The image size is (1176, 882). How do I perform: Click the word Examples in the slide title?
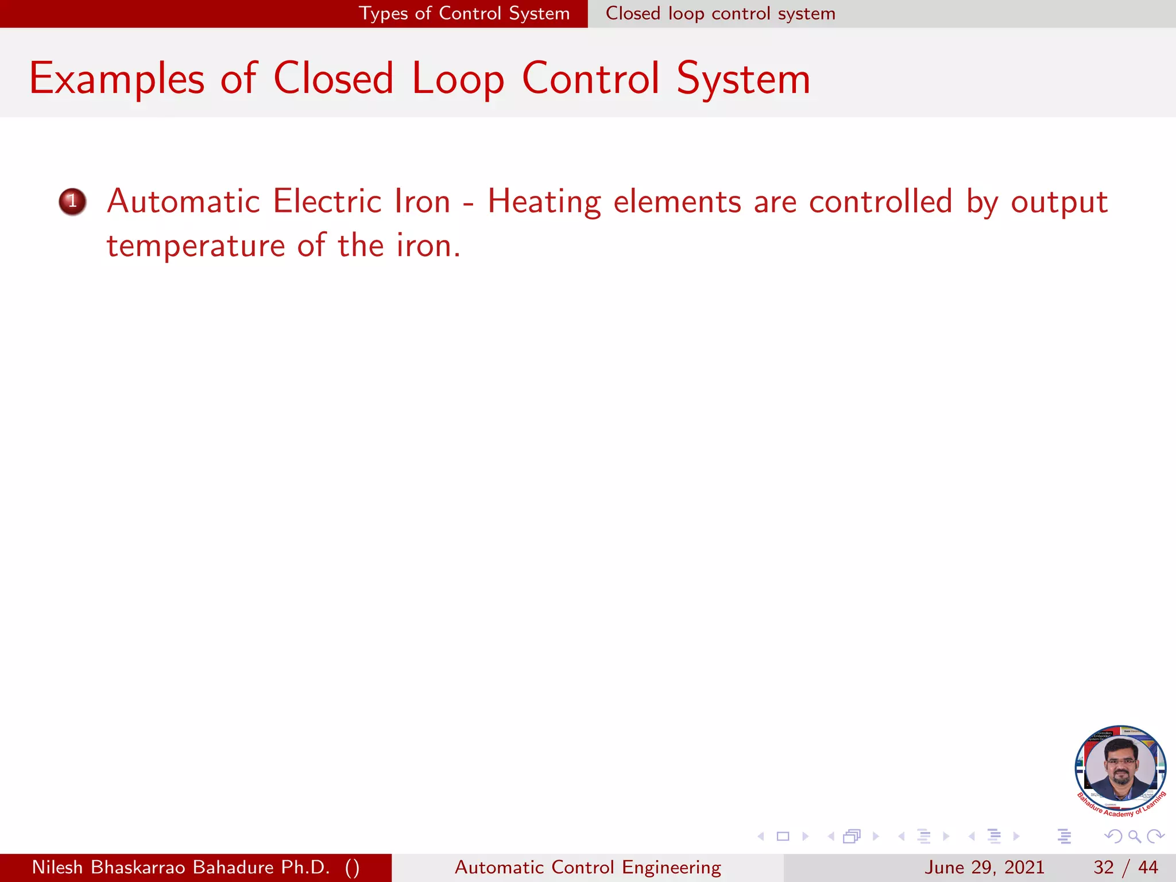tap(117, 79)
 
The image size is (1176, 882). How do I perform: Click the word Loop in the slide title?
tap(458, 79)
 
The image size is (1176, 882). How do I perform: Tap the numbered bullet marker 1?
tap(72, 202)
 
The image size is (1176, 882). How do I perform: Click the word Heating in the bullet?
tap(544, 203)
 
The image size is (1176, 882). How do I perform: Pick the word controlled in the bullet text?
tap(880, 202)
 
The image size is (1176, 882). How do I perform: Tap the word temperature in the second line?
tap(196, 246)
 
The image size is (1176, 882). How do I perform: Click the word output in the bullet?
tap(1059, 203)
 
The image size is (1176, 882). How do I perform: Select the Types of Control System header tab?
tap(464, 13)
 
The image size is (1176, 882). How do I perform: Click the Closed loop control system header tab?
tap(720, 13)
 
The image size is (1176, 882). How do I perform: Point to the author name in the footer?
tap(195, 867)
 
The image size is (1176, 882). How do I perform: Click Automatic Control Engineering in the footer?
tap(587, 867)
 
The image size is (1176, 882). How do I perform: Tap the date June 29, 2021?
tap(984, 867)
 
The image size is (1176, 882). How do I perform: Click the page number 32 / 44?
tap(1125, 867)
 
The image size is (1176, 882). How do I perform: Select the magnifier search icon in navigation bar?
tap(1134, 836)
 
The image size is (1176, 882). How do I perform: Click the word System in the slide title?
tap(743, 79)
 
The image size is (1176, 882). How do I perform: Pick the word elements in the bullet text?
tap(677, 202)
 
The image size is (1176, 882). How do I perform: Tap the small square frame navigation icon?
tap(783, 836)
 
